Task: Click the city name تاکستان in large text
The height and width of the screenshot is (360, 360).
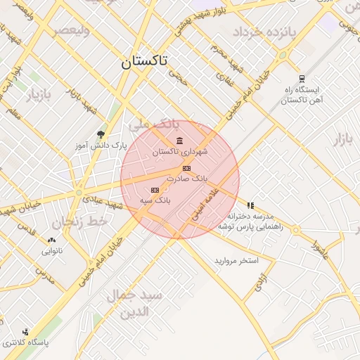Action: (143, 62)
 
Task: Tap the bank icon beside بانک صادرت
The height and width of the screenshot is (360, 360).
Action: (186, 168)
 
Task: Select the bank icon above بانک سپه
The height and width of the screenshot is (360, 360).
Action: (155, 190)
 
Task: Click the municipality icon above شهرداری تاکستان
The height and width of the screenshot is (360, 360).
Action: (180, 141)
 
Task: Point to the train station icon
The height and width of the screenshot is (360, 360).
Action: (302, 79)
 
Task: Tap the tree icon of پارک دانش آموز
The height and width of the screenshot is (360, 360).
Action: (101, 134)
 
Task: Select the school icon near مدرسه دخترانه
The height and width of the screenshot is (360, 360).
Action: (250, 205)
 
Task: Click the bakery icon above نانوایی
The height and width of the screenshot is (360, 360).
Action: (52, 240)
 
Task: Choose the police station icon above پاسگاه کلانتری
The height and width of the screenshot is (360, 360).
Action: (26, 332)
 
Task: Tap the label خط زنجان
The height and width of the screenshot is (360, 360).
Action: (70, 220)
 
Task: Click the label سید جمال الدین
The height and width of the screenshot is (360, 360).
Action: (135, 302)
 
